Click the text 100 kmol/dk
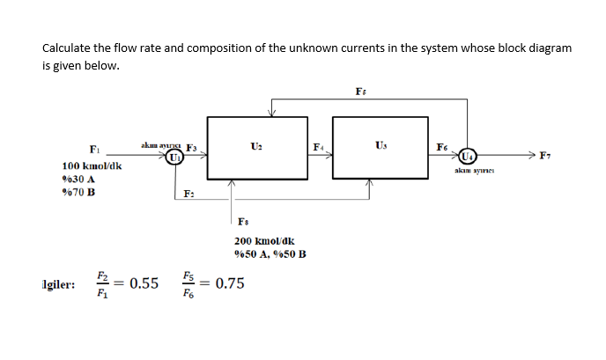92,165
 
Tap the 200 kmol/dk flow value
264,240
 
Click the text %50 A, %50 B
270,254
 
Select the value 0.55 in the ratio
144,283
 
